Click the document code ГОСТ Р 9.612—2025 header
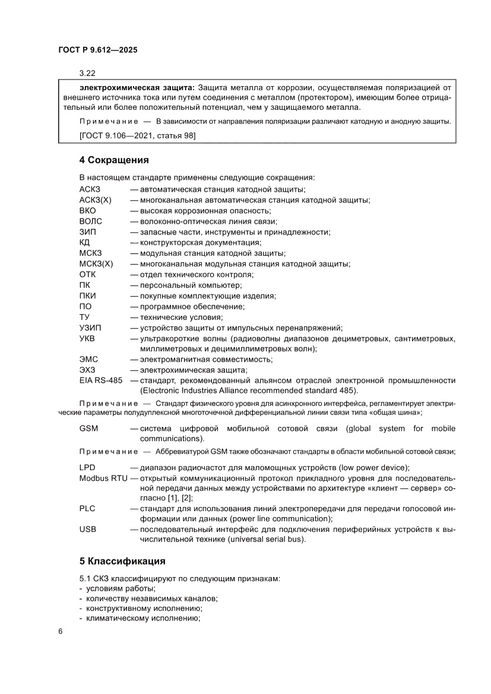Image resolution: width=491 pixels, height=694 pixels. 98,51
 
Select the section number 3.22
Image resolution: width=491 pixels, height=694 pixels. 88,74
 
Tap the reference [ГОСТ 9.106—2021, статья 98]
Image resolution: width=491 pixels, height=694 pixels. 137,136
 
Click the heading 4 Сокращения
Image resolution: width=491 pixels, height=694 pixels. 113,160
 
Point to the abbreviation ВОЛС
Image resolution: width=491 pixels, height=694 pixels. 91,221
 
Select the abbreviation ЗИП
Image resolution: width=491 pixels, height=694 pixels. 87,232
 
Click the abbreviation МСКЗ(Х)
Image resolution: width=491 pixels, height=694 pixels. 96,264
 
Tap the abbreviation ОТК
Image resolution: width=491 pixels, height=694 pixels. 87,274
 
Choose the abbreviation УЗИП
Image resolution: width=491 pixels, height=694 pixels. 91,328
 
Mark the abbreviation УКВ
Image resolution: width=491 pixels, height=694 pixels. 87,338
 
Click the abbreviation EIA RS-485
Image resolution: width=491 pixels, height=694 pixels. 100,380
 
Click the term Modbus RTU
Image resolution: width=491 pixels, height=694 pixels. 103,478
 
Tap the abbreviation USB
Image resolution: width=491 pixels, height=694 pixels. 88,529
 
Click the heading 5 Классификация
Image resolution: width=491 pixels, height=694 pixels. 122,561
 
